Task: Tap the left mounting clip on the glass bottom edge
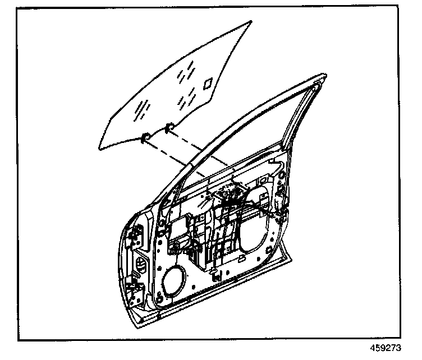145,136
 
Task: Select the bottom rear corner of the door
291,259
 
